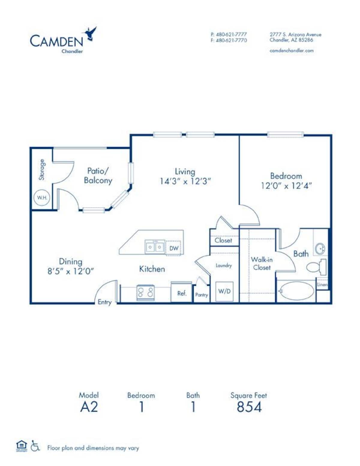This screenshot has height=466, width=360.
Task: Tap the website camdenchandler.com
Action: [292, 51]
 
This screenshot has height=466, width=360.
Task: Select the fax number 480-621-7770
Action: [229, 40]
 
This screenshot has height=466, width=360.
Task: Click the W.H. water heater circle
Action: [42, 197]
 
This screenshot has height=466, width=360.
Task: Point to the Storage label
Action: [42, 170]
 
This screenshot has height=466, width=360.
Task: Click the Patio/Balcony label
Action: [98, 176]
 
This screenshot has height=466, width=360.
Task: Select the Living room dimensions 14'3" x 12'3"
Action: [185, 182]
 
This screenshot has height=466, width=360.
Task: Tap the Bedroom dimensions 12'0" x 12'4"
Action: [286, 186]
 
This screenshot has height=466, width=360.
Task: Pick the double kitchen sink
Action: [154, 247]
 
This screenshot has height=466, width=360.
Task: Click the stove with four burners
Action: [145, 293]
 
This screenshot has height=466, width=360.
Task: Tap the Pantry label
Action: [202, 295]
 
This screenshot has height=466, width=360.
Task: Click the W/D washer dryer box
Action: [224, 291]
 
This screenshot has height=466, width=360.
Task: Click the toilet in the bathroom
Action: [316, 266]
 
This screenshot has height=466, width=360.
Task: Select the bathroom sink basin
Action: [320, 249]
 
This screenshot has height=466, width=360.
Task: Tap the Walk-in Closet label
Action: [262, 263]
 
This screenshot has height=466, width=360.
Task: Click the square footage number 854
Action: [249, 407]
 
